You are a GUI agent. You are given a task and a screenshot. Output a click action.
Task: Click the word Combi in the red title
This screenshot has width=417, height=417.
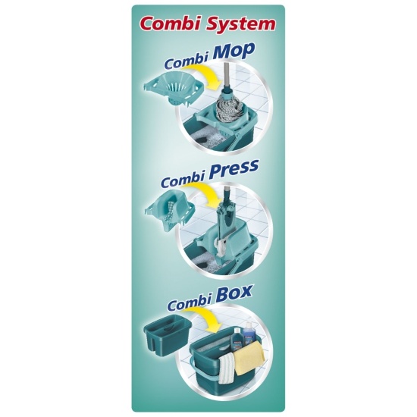tap(171, 24)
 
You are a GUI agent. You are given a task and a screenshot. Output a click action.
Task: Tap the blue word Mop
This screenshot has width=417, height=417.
tap(230, 52)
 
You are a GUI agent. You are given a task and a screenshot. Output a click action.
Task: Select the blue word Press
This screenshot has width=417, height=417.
tap(234, 169)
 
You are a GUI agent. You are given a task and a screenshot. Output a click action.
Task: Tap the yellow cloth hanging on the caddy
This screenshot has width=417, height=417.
tap(248, 358)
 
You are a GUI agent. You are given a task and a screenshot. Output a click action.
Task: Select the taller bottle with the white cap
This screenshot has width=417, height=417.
tap(249, 334)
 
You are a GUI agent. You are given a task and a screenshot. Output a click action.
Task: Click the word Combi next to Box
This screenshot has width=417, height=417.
tap(189, 304)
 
